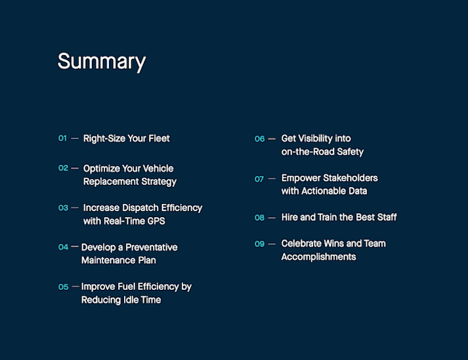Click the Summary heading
coord(102,62)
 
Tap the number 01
coord(62,138)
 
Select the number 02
coord(63,169)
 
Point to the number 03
coord(63,208)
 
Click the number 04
coord(63,247)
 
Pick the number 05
coord(63,287)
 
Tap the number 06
coord(260,139)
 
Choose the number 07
coord(259,179)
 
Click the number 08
coord(260,218)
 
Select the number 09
coord(260,244)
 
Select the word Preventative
coord(152,247)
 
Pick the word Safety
coord(350,152)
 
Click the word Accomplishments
coord(318,257)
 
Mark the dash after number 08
coord(272,218)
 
